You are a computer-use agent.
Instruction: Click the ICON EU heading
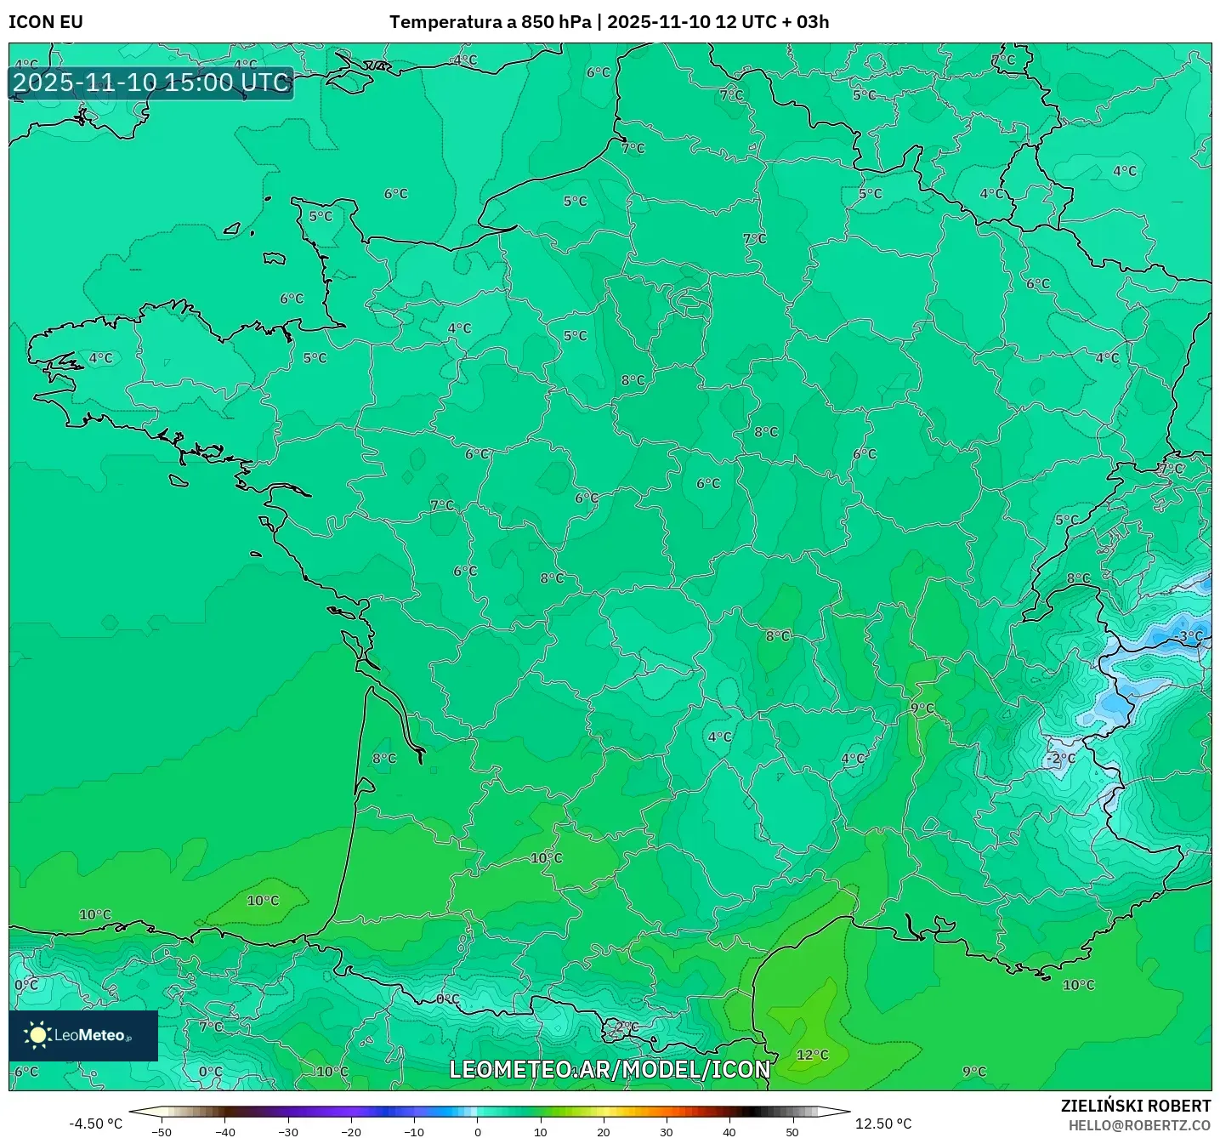pos(46,22)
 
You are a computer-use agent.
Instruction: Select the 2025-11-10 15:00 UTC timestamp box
pos(151,83)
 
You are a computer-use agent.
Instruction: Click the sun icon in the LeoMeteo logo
pos(37,1034)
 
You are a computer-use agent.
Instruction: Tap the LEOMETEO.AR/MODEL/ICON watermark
pos(610,1069)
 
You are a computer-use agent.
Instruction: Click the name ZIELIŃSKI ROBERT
pos(1136,1106)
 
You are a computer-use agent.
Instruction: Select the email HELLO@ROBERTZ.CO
pos(1139,1125)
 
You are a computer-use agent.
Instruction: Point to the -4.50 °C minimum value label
pos(95,1124)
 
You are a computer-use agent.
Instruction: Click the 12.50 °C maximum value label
pos(883,1124)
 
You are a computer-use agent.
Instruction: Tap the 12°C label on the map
pos(812,1055)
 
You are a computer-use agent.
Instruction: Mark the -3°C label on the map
pos(1189,636)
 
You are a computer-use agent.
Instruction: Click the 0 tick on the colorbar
pos(478,1132)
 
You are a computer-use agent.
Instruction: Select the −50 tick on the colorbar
pos(161,1132)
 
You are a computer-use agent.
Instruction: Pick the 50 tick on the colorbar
pos(792,1132)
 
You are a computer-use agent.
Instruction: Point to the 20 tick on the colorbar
pos(604,1132)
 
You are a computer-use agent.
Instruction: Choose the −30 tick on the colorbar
pos(287,1132)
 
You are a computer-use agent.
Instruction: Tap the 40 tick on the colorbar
pos(729,1132)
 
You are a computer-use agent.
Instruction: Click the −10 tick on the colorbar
pos(413,1132)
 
